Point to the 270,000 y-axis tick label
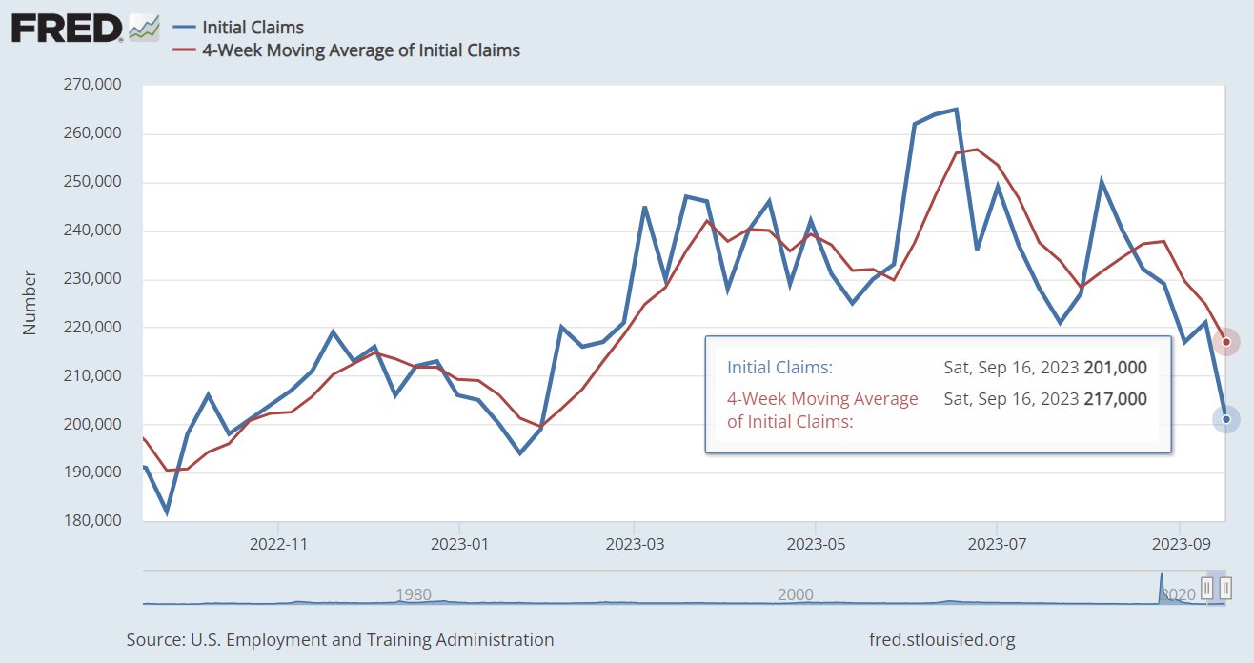tap(93, 85)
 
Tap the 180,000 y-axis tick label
tap(93, 521)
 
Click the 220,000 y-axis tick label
tap(93, 327)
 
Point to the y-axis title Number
tap(30, 302)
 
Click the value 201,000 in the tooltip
tap(1115, 368)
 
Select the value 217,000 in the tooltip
tap(1115, 398)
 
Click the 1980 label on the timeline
tap(414, 594)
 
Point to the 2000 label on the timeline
tap(795, 594)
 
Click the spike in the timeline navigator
tap(1162, 583)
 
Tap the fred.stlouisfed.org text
tap(942, 640)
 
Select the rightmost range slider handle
tap(1225, 587)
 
